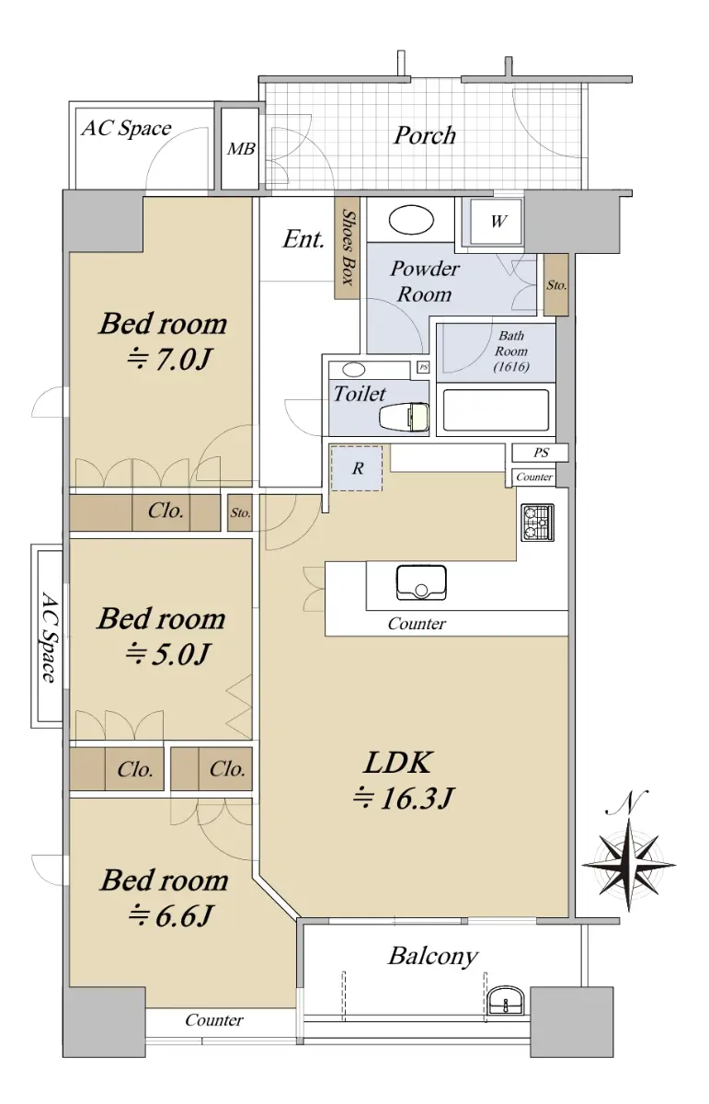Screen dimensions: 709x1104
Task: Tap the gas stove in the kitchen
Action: click(x=538, y=523)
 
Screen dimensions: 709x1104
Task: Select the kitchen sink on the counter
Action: click(x=421, y=582)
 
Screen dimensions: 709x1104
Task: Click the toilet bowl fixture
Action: click(x=404, y=418)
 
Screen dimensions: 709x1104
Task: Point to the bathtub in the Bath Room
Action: click(x=496, y=409)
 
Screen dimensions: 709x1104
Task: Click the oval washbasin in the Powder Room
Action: click(x=411, y=220)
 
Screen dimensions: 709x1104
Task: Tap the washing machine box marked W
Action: click(x=497, y=222)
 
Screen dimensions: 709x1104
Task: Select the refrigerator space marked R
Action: click(x=357, y=468)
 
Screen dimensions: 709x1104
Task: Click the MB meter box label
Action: click(x=240, y=148)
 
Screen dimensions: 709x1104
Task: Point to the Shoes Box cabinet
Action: click(x=347, y=247)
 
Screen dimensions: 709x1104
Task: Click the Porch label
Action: click(x=424, y=135)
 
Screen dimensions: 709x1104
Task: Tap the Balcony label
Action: click(x=432, y=956)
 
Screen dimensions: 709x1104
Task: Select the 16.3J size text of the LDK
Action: click(x=403, y=798)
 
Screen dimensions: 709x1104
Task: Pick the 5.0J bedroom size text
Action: click(x=168, y=654)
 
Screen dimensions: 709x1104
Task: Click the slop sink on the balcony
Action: click(x=507, y=999)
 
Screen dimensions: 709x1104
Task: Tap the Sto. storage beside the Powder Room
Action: click(x=555, y=285)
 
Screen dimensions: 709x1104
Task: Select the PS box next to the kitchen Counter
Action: click(x=540, y=453)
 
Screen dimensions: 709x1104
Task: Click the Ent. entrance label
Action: click(x=303, y=239)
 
